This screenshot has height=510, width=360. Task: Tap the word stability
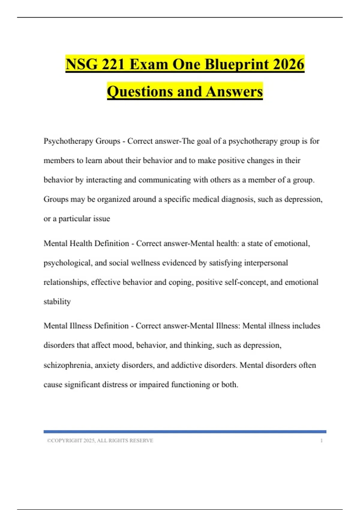pos(57,301)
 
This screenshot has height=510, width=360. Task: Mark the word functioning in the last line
pos(190,385)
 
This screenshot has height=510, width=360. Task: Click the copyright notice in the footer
pos(100,440)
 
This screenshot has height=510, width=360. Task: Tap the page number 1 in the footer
pos(321,440)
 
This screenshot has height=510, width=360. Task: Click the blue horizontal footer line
pos(185,432)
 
